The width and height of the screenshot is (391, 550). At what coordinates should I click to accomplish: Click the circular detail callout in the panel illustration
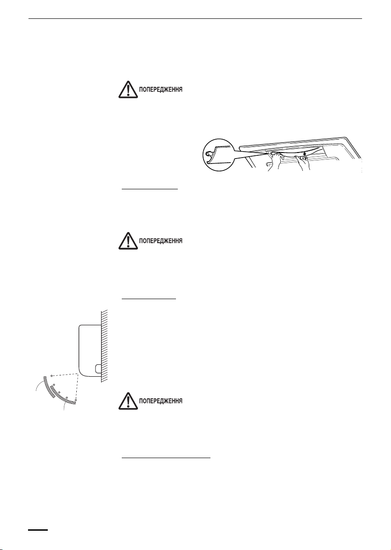click(218, 156)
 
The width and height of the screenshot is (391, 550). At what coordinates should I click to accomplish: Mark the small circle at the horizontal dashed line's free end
click(51, 375)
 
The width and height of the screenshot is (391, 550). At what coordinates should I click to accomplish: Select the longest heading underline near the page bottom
click(166, 458)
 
